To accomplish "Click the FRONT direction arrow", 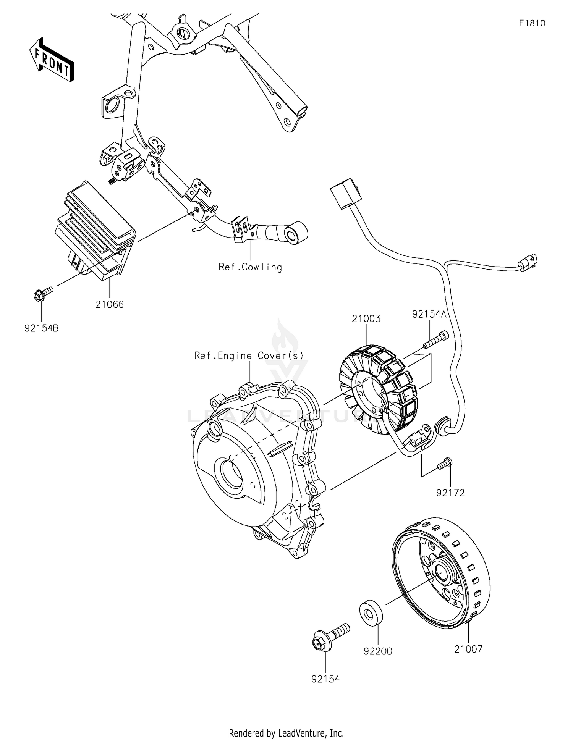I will (x=52, y=60).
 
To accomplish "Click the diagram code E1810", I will (x=532, y=24).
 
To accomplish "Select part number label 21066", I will (x=110, y=305).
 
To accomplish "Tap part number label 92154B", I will (x=42, y=328).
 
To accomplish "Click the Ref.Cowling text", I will (x=250, y=267).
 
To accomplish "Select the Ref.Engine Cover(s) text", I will (x=249, y=356).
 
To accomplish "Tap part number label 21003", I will (x=366, y=319).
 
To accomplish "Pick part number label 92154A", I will (x=429, y=314).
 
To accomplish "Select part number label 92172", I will (x=450, y=493).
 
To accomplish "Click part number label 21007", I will (x=468, y=649).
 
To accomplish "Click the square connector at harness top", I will (x=344, y=193).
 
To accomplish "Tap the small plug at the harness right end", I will (x=528, y=263).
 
